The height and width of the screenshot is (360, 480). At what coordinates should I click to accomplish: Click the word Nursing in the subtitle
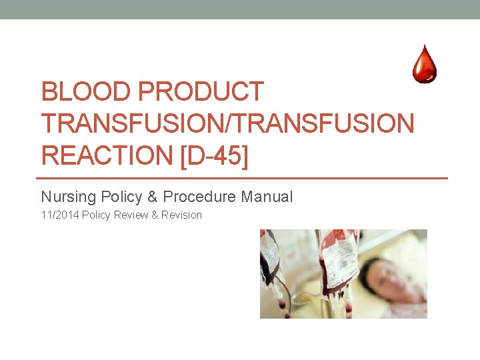click(68, 197)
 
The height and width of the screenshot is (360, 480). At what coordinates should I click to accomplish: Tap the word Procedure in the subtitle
click(199, 197)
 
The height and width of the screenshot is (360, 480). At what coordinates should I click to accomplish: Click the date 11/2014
click(60, 215)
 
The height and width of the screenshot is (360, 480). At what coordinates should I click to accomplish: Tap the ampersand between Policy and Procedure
click(153, 197)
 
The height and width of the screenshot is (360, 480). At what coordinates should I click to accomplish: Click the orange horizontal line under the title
click(244, 178)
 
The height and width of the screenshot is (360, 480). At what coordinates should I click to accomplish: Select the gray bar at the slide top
click(240, 9)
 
